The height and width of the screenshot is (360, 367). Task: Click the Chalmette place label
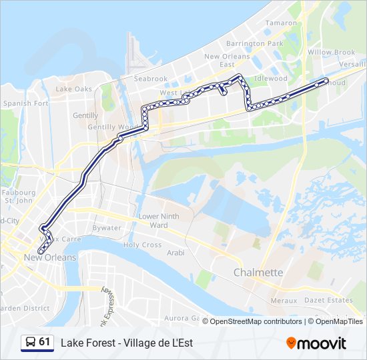[258, 273]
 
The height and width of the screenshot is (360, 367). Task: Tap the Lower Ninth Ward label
[159, 221]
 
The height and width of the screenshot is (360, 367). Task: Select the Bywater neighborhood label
[107, 228]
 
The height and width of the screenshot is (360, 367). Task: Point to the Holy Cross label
[142, 245]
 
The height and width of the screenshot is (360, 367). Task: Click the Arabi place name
[175, 253]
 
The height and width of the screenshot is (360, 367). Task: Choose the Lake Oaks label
[74, 89]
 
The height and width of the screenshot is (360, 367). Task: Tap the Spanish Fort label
[25, 103]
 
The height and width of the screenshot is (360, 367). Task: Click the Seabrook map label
[150, 79]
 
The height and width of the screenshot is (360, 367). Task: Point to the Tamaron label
[281, 23]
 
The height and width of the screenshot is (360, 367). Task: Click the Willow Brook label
[331, 52]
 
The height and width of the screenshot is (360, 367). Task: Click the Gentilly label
[85, 115]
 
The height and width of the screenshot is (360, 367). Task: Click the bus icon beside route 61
[30, 342]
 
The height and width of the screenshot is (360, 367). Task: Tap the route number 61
[45, 342]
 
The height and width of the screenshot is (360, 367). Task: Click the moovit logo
[316, 343]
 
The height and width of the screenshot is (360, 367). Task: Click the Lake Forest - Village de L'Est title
[127, 343]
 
